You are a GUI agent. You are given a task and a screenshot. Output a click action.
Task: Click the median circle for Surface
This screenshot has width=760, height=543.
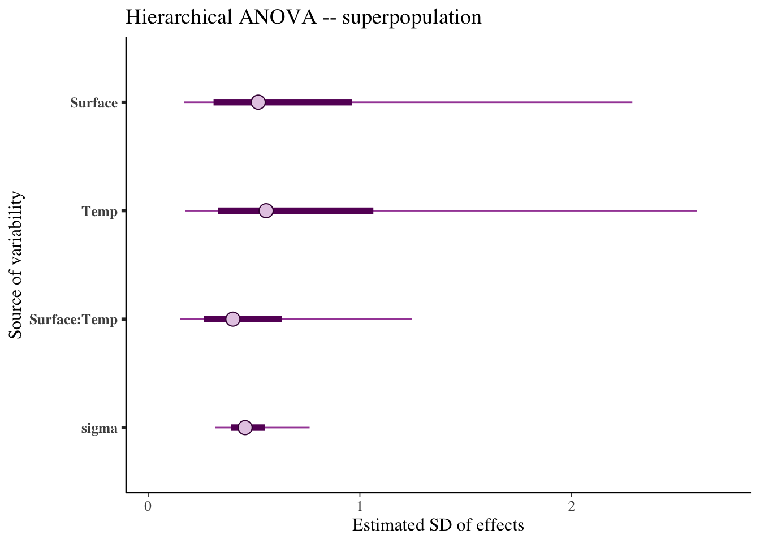point(258,102)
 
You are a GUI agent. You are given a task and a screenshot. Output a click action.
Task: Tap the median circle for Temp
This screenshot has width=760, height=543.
point(266,211)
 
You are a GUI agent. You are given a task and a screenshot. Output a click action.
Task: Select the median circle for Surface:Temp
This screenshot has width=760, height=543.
point(232,320)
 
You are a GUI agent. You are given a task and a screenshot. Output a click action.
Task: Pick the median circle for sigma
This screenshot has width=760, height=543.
point(245,428)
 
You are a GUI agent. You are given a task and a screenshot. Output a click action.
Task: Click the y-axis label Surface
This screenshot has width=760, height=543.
point(94,103)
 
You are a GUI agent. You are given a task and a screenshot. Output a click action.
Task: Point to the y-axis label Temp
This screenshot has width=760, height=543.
point(100,212)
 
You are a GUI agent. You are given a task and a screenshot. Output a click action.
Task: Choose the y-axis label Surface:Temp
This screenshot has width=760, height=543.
point(74,320)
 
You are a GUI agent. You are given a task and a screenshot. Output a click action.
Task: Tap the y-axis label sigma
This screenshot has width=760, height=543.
point(100,428)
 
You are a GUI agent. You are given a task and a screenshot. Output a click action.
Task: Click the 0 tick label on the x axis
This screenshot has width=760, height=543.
point(148,506)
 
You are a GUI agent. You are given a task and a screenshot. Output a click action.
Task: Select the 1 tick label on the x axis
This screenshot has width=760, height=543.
point(360,506)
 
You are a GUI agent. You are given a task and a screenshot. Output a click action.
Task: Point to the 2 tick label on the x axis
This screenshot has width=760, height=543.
point(572,506)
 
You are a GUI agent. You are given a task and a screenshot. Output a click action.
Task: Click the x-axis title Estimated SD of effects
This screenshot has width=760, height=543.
point(438,525)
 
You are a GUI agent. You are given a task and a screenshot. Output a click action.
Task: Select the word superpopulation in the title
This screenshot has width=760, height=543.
point(412,19)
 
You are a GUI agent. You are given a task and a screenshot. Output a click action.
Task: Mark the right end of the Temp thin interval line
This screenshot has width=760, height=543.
point(696,211)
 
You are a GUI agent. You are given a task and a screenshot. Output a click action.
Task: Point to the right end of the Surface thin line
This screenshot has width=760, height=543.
point(632,102)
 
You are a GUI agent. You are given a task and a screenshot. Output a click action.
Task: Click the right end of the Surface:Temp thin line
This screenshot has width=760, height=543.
point(411,320)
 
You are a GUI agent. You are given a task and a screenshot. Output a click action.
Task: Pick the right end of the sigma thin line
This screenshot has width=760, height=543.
point(309,428)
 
